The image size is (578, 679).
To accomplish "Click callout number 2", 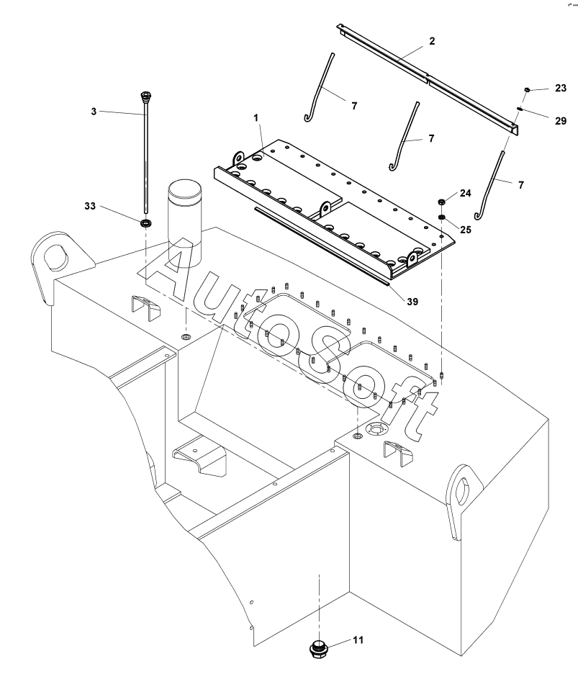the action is point(432,41).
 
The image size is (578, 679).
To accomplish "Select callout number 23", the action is point(561,88).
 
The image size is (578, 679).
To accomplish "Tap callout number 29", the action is point(561,121).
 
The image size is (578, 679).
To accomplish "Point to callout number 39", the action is point(412,302).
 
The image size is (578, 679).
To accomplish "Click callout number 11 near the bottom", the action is point(358,639).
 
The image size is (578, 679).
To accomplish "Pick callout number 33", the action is point(90,206).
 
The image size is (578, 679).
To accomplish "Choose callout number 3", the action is point(94,112).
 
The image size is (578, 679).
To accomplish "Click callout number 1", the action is point(256,118).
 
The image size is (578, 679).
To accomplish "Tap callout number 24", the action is point(466,193).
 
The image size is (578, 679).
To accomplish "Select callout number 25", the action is point(466,229).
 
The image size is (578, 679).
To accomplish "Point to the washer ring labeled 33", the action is point(146,224).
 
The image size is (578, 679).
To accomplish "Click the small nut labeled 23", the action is point(527,89).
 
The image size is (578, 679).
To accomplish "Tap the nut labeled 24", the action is point(442,202).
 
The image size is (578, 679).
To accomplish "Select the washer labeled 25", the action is point(442,217).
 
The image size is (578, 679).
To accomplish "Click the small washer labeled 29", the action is point(520,109).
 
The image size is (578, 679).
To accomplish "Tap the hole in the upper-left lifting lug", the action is point(57,256).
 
